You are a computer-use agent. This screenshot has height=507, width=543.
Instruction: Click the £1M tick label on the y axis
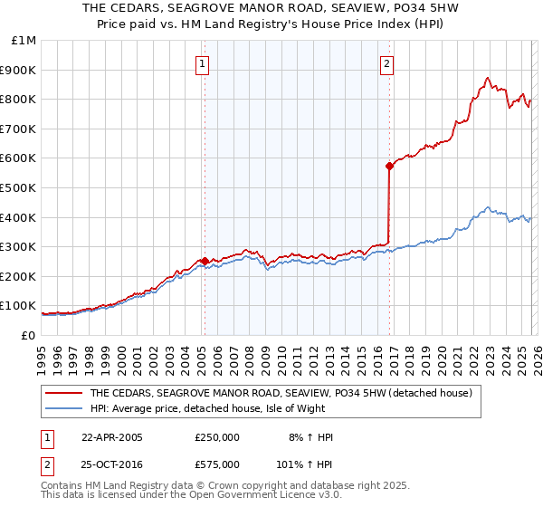click(24, 40)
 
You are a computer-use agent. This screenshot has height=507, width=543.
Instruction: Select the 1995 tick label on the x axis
click(42, 353)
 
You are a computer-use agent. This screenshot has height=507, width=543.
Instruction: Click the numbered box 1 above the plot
click(201, 63)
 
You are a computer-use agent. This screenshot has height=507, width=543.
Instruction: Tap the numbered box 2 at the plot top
click(386, 63)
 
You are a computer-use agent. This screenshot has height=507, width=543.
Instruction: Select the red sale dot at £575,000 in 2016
click(389, 166)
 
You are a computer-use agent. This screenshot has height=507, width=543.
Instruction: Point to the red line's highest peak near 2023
click(488, 78)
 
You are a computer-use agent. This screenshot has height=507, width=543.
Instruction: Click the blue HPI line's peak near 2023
click(488, 207)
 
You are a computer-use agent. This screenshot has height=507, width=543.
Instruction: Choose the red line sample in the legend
click(63, 394)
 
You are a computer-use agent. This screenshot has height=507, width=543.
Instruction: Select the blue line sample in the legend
click(63, 408)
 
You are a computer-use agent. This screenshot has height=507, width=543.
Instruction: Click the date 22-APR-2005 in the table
click(111, 436)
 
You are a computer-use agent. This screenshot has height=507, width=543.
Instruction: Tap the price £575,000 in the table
click(216, 464)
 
